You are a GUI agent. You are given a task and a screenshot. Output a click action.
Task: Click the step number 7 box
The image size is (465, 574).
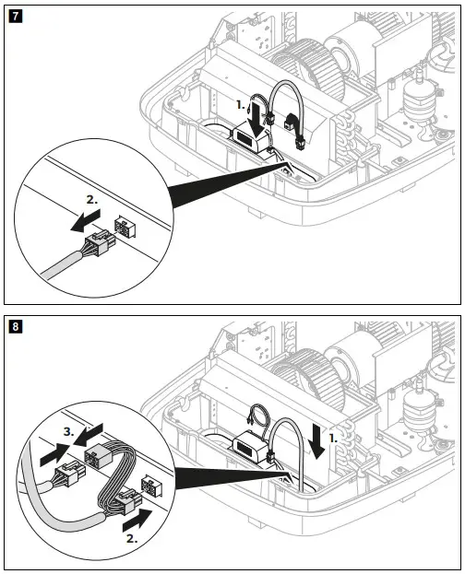[15, 16]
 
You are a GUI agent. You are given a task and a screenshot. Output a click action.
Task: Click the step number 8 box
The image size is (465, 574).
[15, 325]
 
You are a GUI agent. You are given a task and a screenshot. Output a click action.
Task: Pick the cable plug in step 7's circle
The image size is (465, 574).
[95, 248]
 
